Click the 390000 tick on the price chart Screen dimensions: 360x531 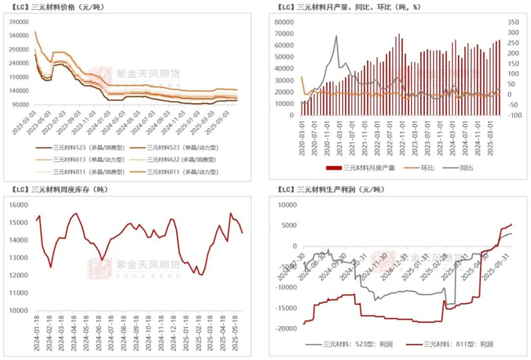[x=20, y=20]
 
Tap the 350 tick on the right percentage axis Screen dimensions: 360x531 [x=514, y=20]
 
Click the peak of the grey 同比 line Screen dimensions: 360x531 [x=336, y=36]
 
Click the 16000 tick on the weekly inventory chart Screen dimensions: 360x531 [x=18, y=204]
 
